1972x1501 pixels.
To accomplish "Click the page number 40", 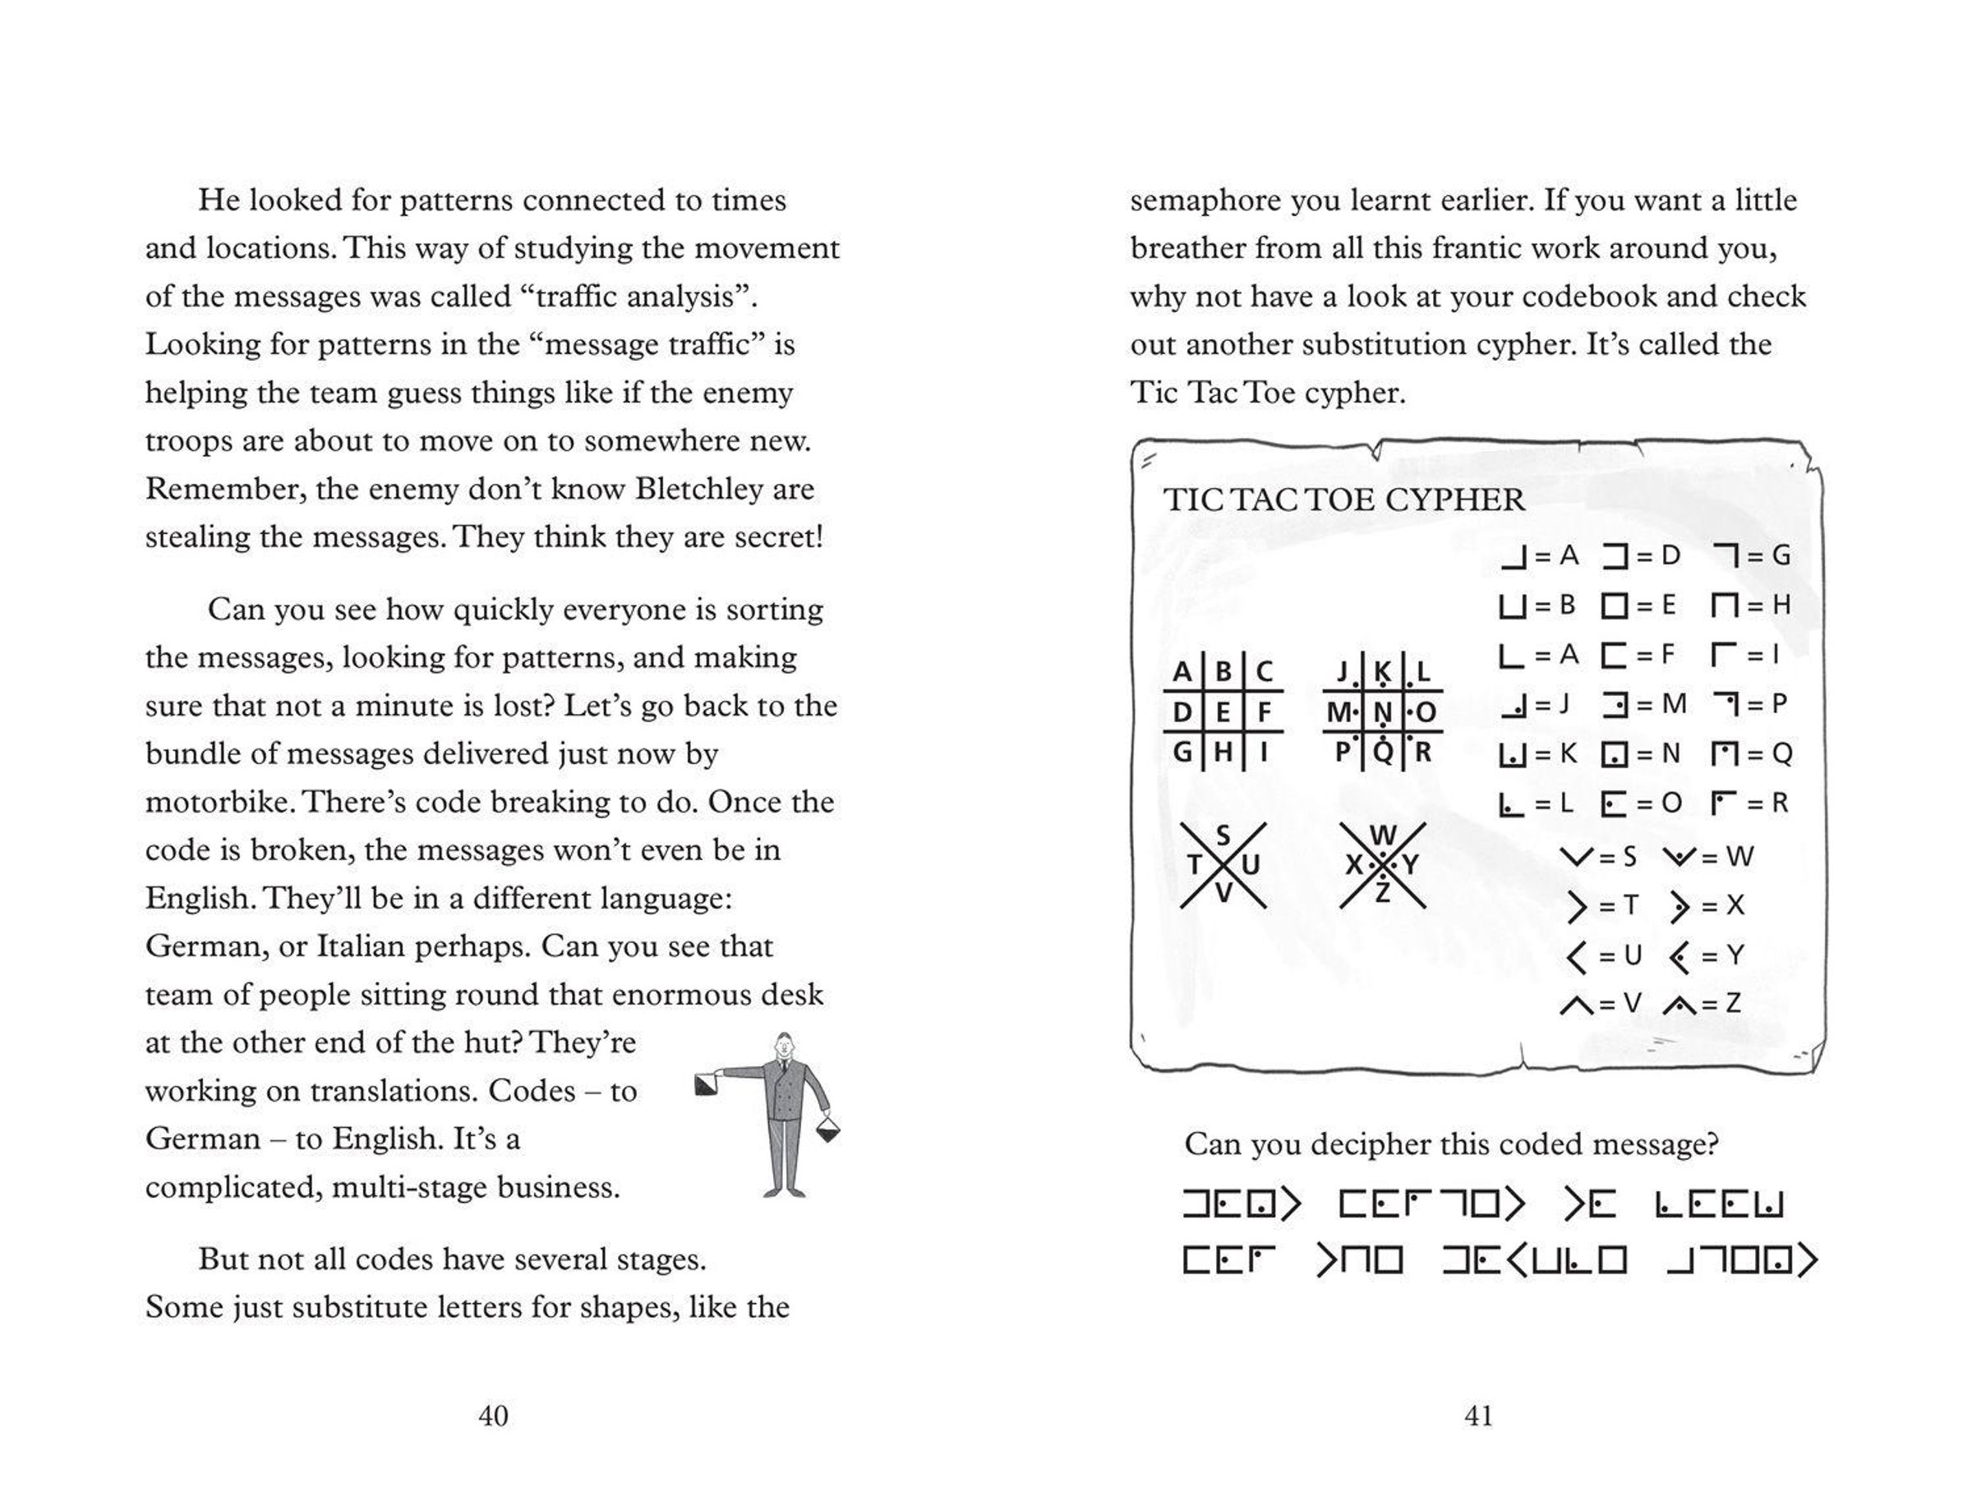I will click(x=493, y=1416).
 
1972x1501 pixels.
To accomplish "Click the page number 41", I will click(x=1479, y=1416).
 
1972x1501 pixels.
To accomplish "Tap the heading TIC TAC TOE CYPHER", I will click(x=1344, y=500).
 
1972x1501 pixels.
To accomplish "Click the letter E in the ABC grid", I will click(x=1223, y=712).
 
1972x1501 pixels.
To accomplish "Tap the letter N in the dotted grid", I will click(x=1382, y=712).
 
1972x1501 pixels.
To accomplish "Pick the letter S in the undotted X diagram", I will click(x=1223, y=836).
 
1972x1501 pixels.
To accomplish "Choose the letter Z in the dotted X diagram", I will click(x=1382, y=892).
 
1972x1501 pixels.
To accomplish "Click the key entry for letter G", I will click(x=1752, y=555).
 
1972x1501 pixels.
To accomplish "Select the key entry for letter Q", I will click(x=1752, y=754).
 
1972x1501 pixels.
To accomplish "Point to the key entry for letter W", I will click(x=1708, y=857).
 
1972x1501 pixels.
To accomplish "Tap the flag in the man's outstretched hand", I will click(x=706, y=1084).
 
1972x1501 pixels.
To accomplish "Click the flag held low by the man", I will click(x=828, y=1131).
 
